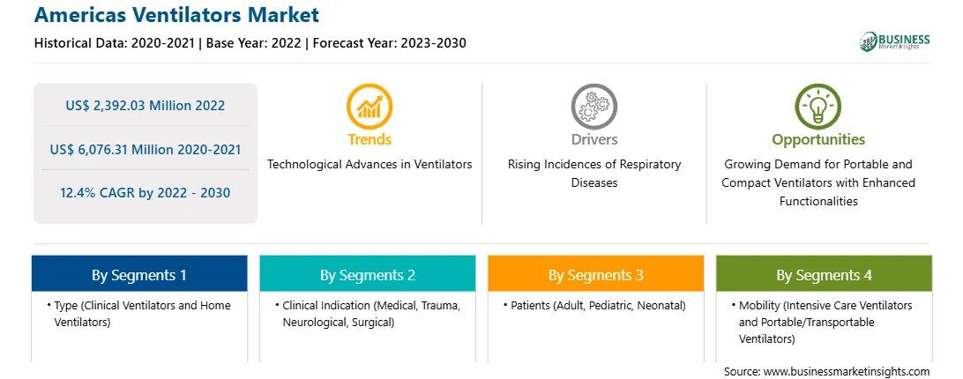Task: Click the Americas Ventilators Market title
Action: click(x=177, y=14)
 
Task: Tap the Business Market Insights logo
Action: click(x=894, y=41)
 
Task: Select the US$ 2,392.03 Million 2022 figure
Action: click(x=146, y=105)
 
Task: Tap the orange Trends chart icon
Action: click(x=370, y=107)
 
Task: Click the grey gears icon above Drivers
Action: click(x=593, y=107)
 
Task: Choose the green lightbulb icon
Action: click(x=818, y=107)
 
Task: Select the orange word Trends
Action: click(x=370, y=139)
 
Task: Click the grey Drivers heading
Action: click(x=594, y=139)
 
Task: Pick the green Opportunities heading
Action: click(x=818, y=139)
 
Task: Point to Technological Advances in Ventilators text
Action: click(x=370, y=164)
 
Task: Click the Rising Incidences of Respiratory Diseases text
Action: click(x=594, y=174)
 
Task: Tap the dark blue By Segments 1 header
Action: click(x=139, y=274)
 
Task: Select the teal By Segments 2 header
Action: click(x=367, y=274)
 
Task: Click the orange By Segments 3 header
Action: click(x=596, y=274)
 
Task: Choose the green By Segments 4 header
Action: click(x=825, y=274)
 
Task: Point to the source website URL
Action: click(x=847, y=372)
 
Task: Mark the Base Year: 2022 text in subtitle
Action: click(x=254, y=43)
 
